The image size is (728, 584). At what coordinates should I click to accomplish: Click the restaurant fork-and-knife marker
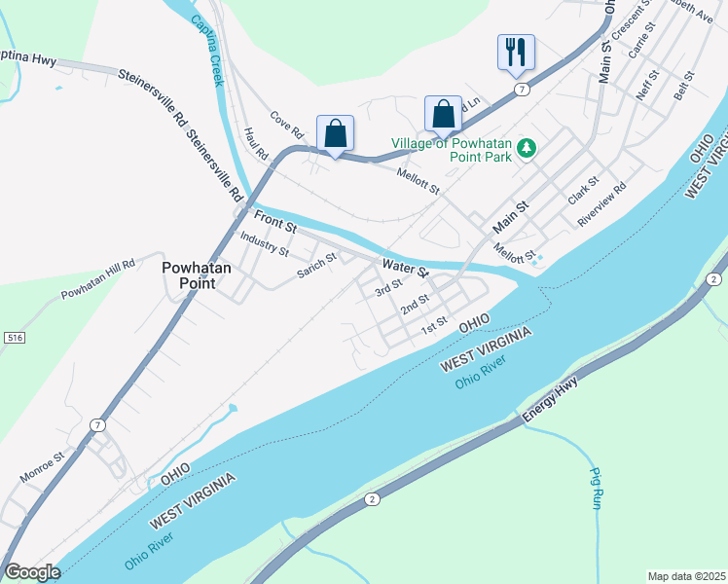tap(516, 52)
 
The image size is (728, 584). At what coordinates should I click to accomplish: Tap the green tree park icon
tap(527, 147)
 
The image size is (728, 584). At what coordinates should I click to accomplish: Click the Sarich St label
tap(316, 264)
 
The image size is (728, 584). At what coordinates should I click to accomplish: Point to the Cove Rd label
tap(288, 123)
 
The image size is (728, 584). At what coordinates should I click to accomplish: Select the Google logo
tap(32, 572)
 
